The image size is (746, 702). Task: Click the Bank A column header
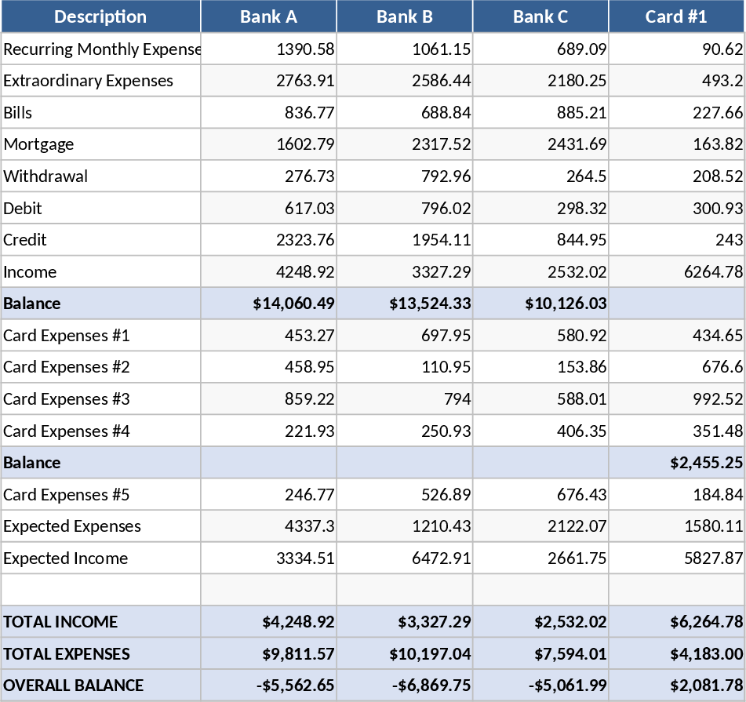[268, 16]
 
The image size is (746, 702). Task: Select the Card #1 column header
[676, 16]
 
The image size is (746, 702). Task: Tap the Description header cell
[100, 16]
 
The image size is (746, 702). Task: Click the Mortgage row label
[38, 144]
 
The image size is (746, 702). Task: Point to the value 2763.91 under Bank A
[305, 81]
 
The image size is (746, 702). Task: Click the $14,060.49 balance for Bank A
[293, 304]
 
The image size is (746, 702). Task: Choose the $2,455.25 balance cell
[706, 463]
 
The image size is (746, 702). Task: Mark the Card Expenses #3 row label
[67, 399]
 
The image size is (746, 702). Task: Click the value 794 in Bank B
[457, 399]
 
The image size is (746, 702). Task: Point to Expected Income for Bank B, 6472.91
[441, 558]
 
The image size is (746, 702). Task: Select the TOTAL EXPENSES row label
[67, 654]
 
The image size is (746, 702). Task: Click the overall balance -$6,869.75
[431, 686]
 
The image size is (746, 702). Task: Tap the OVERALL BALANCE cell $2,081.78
[706, 686]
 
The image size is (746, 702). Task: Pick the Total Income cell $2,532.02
[570, 622]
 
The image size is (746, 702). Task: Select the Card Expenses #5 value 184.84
[718, 495]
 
